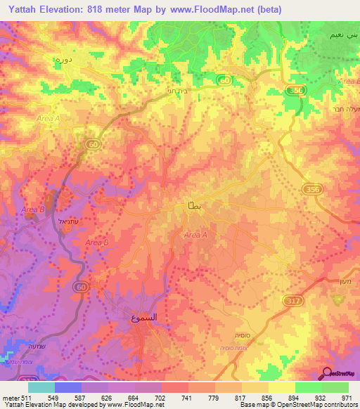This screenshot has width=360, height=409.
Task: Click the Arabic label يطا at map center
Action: pyautogui.click(x=193, y=204)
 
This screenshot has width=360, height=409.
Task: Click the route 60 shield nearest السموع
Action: pyautogui.click(x=82, y=287)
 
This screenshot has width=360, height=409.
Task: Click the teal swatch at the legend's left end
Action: pyautogui.click(x=41, y=387)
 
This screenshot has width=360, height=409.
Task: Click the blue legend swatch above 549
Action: pyautogui.click(x=67, y=387)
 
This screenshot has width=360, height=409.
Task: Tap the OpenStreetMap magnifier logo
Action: pyautogui.click(x=327, y=374)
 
